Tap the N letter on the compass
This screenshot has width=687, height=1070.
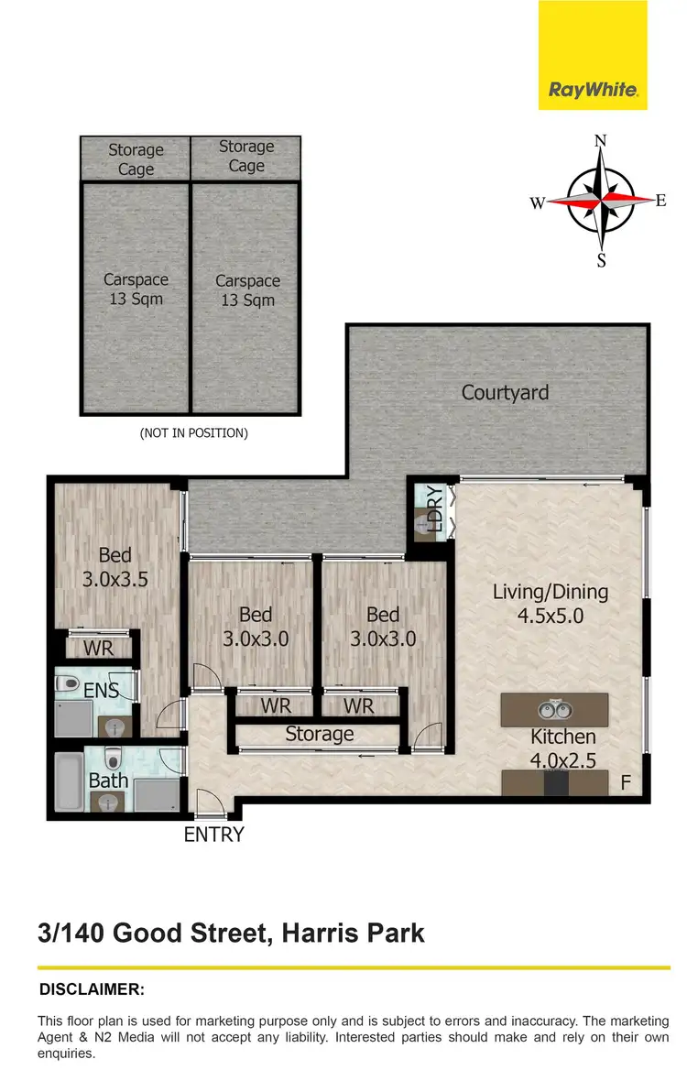(x=602, y=141)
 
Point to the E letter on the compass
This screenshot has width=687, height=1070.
(x=660, y=201)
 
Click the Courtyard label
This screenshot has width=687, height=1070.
(x=506, y=393)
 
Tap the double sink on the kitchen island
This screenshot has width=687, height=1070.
(x=554, y=708)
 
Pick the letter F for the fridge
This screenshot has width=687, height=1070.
(x=626, y=782)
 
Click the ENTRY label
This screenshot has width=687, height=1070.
(x=214, y=835)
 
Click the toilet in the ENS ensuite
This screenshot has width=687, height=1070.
(x=66, y=682)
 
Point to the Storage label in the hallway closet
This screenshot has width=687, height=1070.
(x=319, y=734)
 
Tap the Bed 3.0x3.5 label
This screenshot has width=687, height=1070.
(x=115, y=567)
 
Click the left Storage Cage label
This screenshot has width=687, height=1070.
(x=136, y=159)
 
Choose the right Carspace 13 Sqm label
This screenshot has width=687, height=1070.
(x=247, y=290)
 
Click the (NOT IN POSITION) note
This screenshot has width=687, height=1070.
(x=193, y=432)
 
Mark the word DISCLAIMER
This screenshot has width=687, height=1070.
(x=92, y=989)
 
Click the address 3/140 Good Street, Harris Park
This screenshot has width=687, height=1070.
(x=232, y=934)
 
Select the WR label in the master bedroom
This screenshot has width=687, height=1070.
(x=98, y=649)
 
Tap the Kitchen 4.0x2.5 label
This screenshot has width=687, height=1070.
(x=562, y=748)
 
